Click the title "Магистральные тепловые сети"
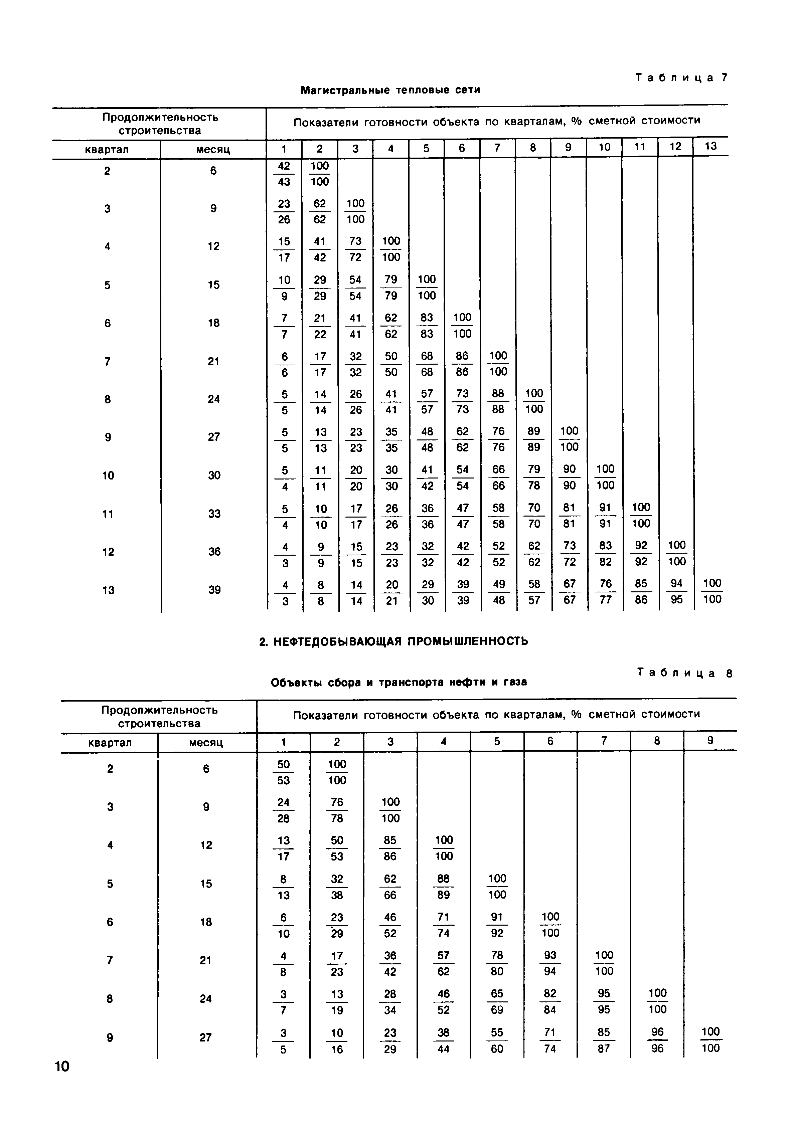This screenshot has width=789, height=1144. tap(390, 90)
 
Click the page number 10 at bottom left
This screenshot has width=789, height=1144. tap(62, 1067)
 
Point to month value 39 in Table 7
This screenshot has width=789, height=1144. tap(214, 590)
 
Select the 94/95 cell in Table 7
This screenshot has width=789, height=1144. tap(676, 591)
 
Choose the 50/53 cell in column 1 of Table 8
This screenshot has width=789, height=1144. tap(283, 772)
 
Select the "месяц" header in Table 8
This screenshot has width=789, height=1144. tap(206, 743)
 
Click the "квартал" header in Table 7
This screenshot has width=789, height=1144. tap(107, 150)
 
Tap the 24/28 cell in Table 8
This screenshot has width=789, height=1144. tap(283, 810)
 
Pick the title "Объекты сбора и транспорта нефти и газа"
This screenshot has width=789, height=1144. tap(399, 682)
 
